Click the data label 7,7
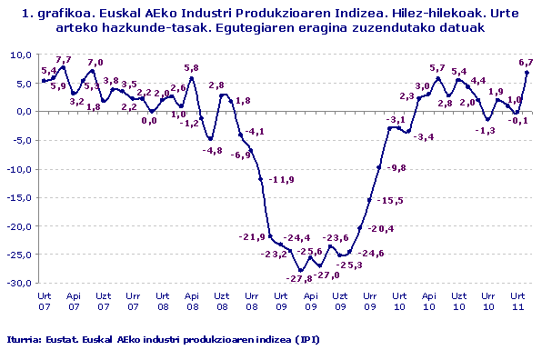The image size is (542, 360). pyautogui.click(x=64, y=60)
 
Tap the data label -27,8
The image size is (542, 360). pyautogui.click(x=298, y=277)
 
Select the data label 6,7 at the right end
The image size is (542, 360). pyautogui.click(x=525, y=62)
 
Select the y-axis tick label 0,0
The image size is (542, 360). pyautogui.click(x=21, y=112)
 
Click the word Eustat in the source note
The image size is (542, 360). pyautogui.click(x=60, y=339)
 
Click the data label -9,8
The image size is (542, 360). pyautogui.click(x=396, y=169)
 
